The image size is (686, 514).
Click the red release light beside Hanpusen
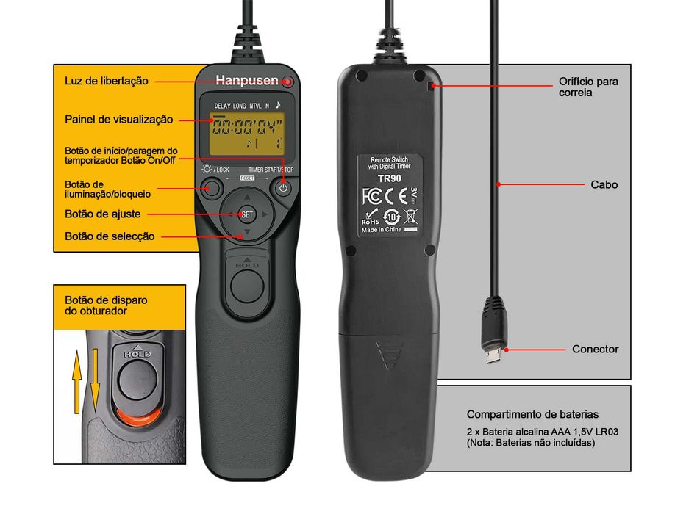(288, 81)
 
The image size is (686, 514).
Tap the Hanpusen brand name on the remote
(246, 81)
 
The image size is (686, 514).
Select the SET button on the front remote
(247, 214)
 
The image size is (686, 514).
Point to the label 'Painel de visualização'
(119, 119)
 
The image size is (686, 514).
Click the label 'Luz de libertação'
(107, 81)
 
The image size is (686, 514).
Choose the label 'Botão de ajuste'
(103, 214)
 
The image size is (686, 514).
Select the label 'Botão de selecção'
(110, 236)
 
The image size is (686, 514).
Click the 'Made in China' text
(382, 230)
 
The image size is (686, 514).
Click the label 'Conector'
(596, 350)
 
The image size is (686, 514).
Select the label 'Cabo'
(604, 185)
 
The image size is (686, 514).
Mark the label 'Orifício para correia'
(588, 87)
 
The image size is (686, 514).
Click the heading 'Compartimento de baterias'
(532, 414)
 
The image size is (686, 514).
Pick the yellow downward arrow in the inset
(96, 372)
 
